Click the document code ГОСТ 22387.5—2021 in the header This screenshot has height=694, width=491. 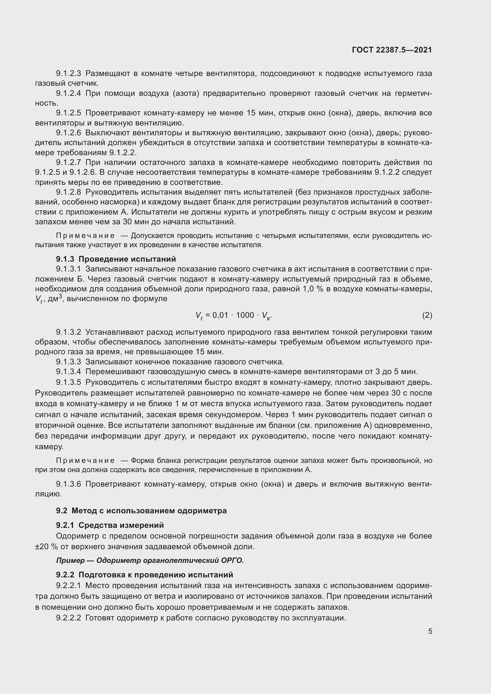tap(392, 50)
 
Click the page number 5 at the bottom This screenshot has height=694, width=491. tap(430, 631)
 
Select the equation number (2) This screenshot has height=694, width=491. tap(427, 315)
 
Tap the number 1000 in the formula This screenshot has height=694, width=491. tap(245, 315)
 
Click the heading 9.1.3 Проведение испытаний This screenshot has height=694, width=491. tap(116, 259)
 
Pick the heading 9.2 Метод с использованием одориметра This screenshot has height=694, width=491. tap(141, 511)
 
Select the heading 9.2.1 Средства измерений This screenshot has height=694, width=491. tap(110, 525)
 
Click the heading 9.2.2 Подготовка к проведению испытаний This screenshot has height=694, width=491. tap(145, 574)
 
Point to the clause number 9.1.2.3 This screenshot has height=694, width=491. tap(68, 74)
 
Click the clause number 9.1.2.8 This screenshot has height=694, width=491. tap(68, 192)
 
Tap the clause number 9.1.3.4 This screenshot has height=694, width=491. tap(68, 371)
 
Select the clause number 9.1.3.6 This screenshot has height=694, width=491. tap(68, 484)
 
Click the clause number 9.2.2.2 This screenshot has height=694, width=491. tap(68, 618)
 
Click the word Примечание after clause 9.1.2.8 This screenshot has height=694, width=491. tap(85, 236)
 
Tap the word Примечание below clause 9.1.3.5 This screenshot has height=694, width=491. tap(85, 461)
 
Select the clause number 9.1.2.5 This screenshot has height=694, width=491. tap(68, 113)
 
